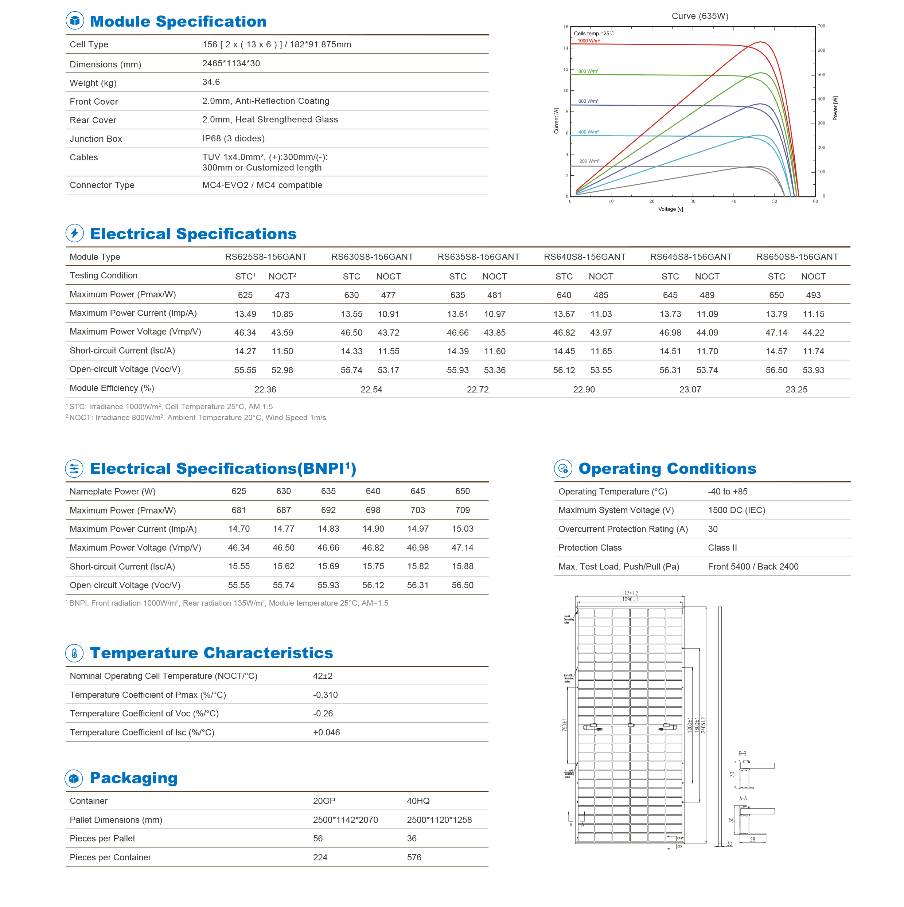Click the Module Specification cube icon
click(x=75, y=21)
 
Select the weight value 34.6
click(x=211, y=82)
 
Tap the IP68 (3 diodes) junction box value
click(x=233, y=138)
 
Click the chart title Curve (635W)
click(x=700, y=16)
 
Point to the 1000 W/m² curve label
click(x=588, y=41)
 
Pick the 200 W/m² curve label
click(x=589, y=161)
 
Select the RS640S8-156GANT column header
click(x=585, y=257)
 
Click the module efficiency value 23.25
click(x=796, y=389)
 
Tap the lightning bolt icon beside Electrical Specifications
click(x=75, y=233)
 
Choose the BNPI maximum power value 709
click(x=462, y=510)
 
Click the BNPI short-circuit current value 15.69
click(x=328, y=566)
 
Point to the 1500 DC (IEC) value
click(x=736, y=510)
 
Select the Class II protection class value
click(x=722, y=547)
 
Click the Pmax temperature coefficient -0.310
click(x=325, y=695)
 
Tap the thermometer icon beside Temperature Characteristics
click(x=74, y=653)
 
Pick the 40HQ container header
click(x=418, y=801)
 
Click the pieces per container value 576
click(x=414, y=857)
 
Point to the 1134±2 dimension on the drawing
click(x=630, y=593)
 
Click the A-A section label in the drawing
click(x=743, y=798)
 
